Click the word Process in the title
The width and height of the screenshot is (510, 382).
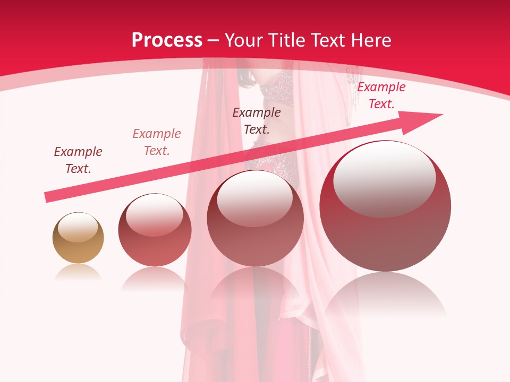point(167,40)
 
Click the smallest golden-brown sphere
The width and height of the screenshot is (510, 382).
point(78,238)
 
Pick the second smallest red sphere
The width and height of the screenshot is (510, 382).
point(155,230)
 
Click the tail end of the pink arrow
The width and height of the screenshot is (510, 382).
point(48,197)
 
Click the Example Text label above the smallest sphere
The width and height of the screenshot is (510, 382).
point(78,160)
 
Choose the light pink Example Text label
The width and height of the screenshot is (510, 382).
point(157,142)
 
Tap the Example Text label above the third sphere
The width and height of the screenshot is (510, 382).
point(257,121)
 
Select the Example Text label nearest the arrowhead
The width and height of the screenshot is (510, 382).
point(381,95)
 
